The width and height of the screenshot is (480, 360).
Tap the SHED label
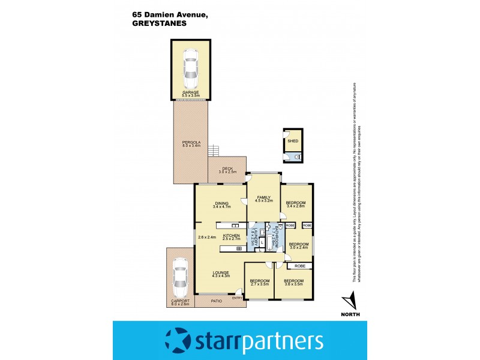[293, 141]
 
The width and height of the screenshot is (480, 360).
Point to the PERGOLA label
[190, 143]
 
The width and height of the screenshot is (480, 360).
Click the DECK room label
[227, 170]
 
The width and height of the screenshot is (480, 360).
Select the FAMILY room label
[264, 199]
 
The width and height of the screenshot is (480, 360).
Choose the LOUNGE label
[220, 273]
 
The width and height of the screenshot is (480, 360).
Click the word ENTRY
[237, 298]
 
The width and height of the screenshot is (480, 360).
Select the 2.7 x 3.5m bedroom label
[259, 282]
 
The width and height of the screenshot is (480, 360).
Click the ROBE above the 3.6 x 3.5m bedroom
[299, 265]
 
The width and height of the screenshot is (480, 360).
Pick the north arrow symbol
[350, 301]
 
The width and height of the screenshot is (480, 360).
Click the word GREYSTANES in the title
[158, 25]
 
